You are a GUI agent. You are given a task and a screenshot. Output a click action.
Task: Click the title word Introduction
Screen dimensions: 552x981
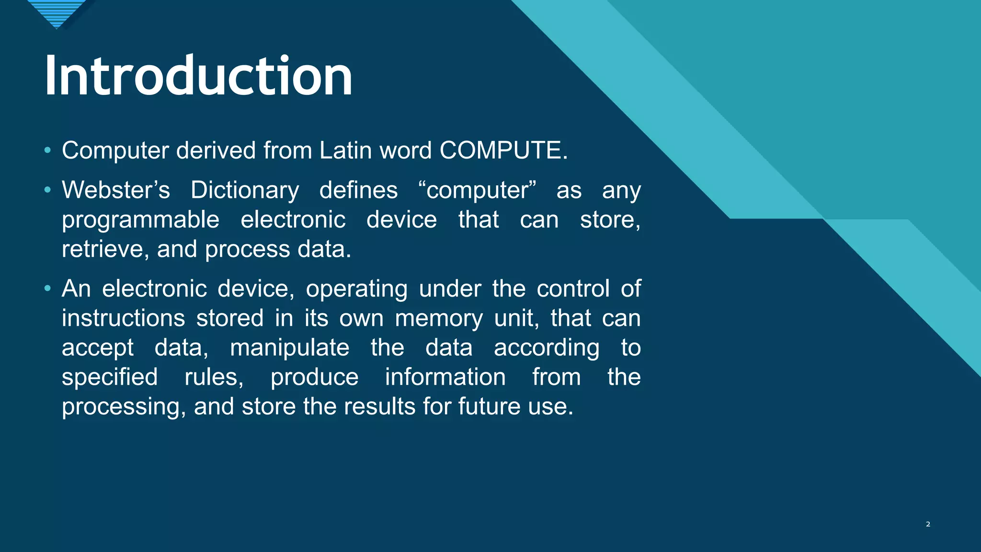[x=198, y=76]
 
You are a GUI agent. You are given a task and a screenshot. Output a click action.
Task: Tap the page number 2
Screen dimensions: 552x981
[x=928, y=524]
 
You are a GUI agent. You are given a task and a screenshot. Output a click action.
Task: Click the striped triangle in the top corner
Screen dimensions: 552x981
[x=57, y=12]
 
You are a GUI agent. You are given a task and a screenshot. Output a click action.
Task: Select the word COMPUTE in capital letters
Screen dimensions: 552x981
[x=501, y=150]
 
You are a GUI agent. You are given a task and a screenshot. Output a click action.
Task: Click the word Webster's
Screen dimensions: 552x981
[x=116, y=190]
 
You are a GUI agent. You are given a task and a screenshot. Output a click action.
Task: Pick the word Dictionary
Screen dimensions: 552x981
[x=245, y=190]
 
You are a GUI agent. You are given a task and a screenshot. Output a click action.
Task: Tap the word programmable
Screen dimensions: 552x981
[x=140, y=220]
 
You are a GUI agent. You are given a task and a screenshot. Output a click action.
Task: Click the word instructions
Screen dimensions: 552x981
[x=123, y=318]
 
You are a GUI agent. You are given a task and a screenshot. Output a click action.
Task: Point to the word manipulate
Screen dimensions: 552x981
[x=290, y=348]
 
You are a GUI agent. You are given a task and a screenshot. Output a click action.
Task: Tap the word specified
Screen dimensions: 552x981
[x=110, y=377]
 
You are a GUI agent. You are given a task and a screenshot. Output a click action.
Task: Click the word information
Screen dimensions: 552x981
[x=445, y=377]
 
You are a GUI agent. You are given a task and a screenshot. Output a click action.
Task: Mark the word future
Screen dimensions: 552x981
[x=490, y=407]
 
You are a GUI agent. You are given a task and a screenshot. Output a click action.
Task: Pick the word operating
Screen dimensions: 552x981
[x=356, y=289]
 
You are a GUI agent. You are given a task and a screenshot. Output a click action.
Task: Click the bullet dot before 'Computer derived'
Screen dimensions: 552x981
[x=47, y=150]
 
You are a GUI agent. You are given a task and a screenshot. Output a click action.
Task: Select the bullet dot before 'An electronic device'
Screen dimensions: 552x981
[x=47, y=289]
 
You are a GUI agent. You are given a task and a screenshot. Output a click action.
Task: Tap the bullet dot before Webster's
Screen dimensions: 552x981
[x=47, y=190]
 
